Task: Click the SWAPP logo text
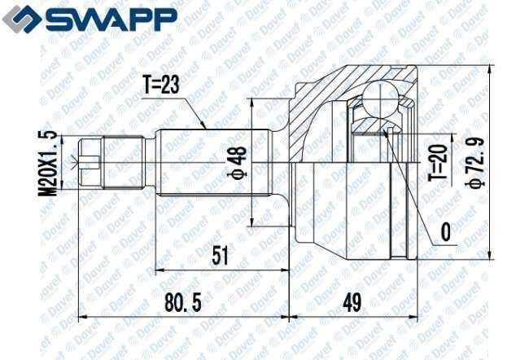[111, 20]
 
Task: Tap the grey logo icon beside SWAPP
[21, 19]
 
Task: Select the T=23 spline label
[160, 85]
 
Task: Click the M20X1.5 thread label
[47, 163]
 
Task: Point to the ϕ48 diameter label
[238, 162]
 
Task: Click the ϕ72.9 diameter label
[475, 162]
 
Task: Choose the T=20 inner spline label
[438, 163]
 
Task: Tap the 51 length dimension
[220, 255]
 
